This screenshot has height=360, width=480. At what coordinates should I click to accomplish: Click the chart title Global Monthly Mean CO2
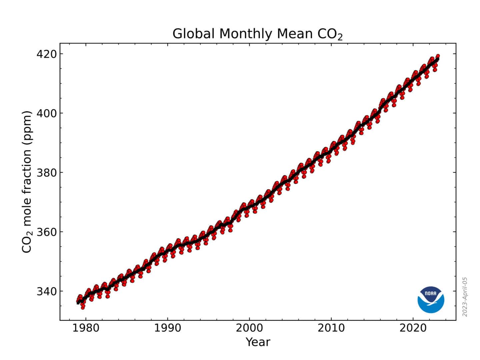click(257, 34)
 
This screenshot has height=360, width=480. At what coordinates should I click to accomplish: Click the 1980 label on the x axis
click(86, 328)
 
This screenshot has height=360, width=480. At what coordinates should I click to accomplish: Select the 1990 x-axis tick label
click(167, 328)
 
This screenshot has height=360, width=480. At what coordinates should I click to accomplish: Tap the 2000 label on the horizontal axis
click(249, 328)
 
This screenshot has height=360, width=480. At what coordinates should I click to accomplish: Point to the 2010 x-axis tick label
click(331, 328)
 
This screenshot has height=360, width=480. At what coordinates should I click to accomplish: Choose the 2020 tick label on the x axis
click(413, 328)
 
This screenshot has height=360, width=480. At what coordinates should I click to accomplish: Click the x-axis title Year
click(258, 342)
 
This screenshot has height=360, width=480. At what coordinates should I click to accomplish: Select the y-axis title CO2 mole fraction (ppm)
click(27, 182)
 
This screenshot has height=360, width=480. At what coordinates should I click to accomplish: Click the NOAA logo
click(431, 300)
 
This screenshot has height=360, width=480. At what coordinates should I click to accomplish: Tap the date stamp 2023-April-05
click(465, 297)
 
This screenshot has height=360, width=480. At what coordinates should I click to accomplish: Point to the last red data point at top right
click(438, 56)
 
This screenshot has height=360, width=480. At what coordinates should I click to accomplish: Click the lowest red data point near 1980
click(83, 307)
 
